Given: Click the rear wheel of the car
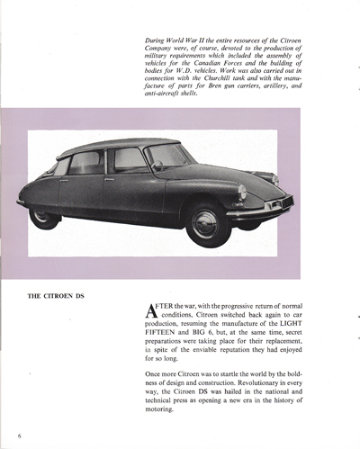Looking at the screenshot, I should (x=43, y=214).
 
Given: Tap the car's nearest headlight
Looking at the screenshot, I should (x=242, y=193).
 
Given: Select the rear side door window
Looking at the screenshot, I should (x=86, y=163).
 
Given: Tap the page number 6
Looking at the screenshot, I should (x=17, y=433).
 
